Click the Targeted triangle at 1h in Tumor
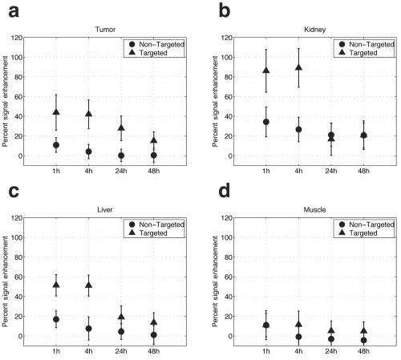pyautogui.click(x=56, y=111)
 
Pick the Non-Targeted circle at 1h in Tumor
pyautogui.click(x=56, y=145)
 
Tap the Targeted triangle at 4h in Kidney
pyautogui.click(x=298, y=68)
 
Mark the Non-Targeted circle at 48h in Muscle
pyautogui.click(x=363, y=340)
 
